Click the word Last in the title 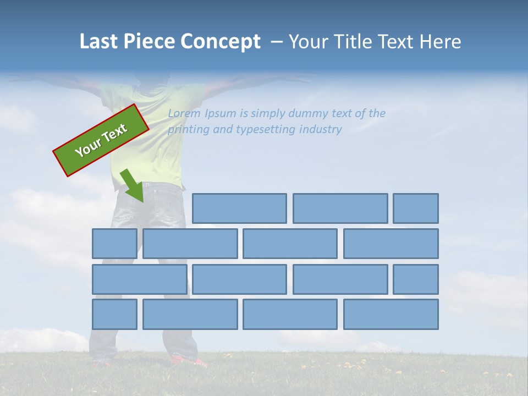coord(100,42)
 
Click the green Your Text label coord(101,140)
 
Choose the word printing coord(187,130)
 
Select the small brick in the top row coord(416,208)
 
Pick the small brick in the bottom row coord(114,314)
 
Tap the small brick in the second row coord(114,244)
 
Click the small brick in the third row coord(416,279)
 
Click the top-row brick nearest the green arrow coord(239,208)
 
